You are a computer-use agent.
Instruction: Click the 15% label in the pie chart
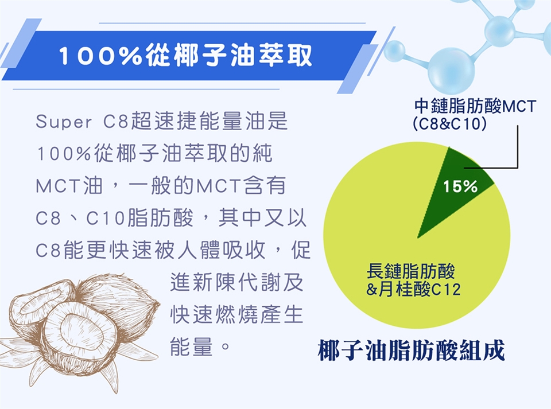(460, 186)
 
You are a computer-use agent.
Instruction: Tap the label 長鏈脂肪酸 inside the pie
(410, 271)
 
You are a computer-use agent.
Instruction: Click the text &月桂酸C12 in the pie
(413, 290)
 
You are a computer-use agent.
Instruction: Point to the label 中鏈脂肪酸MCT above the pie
(475, 106)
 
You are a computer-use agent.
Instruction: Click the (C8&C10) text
(450, 123)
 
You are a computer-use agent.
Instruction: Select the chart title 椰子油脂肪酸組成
(411, 350)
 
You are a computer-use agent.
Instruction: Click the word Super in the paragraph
(64, 122)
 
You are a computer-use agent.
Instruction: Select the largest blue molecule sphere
(451, 71)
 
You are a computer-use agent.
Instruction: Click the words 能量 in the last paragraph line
(192, 346)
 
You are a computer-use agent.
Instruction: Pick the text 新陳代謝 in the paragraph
(237, 282)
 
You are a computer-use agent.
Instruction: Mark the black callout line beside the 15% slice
(517, 147)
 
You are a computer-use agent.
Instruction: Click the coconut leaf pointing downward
(110, 376)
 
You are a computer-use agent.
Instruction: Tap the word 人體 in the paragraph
(199, 250)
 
